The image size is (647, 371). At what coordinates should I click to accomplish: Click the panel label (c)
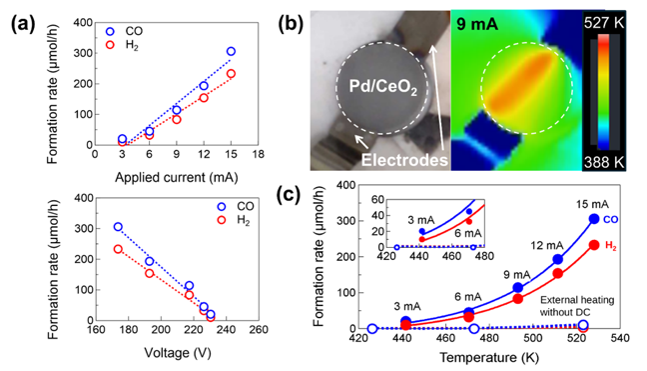click(x=288, y=195)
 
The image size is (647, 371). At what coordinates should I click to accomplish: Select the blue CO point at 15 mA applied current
click(x=231, y=51)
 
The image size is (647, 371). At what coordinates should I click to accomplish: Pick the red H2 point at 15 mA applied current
click(x=231, y=74)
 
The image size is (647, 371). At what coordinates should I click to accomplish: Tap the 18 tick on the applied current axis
click(x=258, y=154)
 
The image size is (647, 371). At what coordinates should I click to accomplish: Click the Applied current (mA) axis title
click(x=176, y=178)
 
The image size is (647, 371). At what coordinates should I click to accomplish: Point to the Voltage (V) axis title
click(x=178, y=353)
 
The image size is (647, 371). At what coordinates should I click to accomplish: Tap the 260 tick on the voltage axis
click(x=259, y=330)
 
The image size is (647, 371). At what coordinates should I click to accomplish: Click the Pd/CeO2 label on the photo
click(x=383, y=87)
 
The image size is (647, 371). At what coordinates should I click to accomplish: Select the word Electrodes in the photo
click(x=404, y=160)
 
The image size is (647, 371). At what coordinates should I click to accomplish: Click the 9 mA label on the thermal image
click(x=477, y=25)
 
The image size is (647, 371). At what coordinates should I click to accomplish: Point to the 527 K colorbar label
click(x=604, y=23)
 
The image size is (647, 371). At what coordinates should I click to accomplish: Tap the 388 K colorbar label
click(x=604, y=162)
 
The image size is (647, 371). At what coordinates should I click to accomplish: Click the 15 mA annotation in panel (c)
click(x=592, y=204)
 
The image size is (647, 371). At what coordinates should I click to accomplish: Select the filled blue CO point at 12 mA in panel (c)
click(x=557, y=259)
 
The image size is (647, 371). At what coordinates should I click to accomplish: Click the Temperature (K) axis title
click(x=489, y=357)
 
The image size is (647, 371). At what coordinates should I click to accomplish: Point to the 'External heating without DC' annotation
click(x=577, y=306)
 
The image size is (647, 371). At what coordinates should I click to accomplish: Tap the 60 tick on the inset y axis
click(x=378, y=200)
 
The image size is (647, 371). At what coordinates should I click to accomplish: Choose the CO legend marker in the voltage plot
click(x=222, y=207)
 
